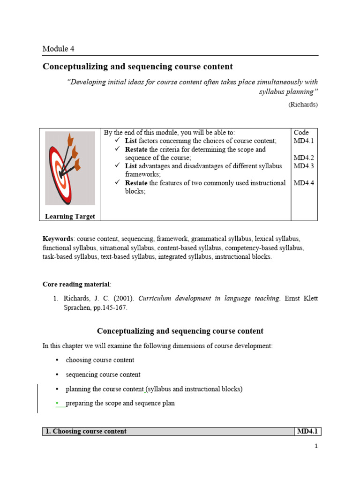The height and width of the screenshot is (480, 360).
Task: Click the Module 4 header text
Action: coord(58,49)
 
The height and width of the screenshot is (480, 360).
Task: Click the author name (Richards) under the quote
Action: coord(303,105)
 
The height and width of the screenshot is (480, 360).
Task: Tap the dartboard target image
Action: coord(70,167)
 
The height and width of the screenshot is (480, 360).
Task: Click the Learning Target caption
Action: coord(70,216)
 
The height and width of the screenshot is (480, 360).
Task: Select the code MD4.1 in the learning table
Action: coord(303,141)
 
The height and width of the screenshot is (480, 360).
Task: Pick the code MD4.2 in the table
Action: coord(303,157)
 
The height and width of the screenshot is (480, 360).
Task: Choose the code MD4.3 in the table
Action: coord(303,166)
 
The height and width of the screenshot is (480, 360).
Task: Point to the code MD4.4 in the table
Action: coord(303,183)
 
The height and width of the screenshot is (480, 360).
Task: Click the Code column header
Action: coord(301,133)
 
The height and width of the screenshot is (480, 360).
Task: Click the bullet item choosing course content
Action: coord(100,360)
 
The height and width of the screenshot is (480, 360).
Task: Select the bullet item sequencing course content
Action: coord(103,375)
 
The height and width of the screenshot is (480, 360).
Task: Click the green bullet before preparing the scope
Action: coord(57,403)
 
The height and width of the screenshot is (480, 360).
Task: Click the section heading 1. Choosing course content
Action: coord(86,431)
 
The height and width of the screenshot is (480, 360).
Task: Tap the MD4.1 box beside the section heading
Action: coord(307,431)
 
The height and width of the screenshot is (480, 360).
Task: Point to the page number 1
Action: coord(316,446)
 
